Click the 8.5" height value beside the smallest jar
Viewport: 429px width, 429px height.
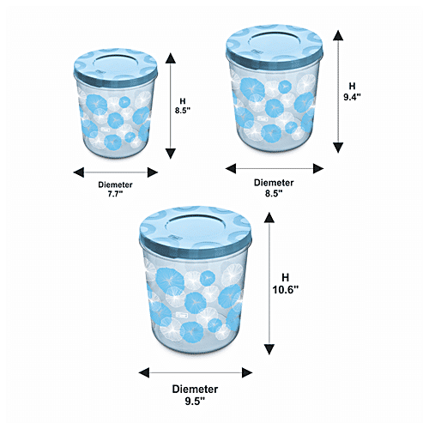(183, 111)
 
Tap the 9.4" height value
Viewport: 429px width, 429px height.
(352, 97)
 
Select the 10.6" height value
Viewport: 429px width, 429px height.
(285, 290)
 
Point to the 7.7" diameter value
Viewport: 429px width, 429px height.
(115, 194)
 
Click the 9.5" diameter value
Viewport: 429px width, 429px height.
(195, 402)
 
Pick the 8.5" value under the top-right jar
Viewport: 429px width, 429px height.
(274, 193)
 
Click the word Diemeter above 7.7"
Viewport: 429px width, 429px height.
(115, 184)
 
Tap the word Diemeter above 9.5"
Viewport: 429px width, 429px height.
(195, 389)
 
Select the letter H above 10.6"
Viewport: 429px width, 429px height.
(285, 277)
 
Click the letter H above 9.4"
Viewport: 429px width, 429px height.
(352, 86)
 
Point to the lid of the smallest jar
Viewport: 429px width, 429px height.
(115, 68)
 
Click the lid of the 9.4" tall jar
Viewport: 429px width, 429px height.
(275, 47)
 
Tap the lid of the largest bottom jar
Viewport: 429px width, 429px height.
(196, 230)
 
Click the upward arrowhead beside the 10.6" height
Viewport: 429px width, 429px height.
(269, 217)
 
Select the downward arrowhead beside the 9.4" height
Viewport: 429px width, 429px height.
(338, 148)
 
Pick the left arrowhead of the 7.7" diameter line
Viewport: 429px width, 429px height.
(79, 172)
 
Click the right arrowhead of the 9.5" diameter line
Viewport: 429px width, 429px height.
(247, 372)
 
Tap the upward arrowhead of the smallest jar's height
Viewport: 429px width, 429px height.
(171, 58)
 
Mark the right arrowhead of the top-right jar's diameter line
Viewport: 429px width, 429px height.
(318, 168)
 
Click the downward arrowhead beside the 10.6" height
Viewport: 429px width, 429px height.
(269, 349)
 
